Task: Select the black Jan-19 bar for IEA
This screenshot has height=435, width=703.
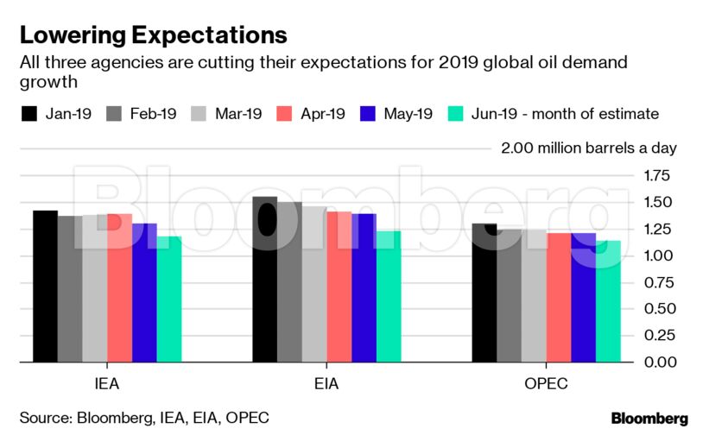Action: [x=46, y=286]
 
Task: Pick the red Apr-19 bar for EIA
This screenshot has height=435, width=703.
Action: [x=339, y=286]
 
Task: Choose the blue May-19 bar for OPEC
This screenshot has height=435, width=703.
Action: [x=584, y=297]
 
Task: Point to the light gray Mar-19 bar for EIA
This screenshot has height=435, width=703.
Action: [x=314, y=284]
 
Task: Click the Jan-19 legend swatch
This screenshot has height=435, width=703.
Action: [x=29, y=114]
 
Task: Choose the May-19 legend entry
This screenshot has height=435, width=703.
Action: [x=406, y=114]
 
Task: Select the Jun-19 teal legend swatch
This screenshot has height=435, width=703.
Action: [x=456, y=114]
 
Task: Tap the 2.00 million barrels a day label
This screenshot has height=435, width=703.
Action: [x=588, y=148]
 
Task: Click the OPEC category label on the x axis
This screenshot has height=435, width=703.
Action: [x=547, y=381]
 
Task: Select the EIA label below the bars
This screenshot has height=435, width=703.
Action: [x=326, y=381]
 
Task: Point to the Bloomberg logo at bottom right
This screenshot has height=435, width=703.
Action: [x=649, y=419]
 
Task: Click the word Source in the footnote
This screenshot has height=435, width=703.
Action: [x=44, y=418]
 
